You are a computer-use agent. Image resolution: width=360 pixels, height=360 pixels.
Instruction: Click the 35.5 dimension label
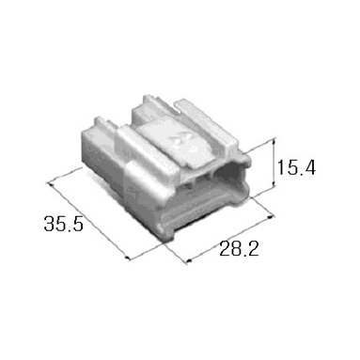tap(64, 224)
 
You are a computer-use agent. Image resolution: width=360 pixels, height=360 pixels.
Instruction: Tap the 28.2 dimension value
tap(239, 249)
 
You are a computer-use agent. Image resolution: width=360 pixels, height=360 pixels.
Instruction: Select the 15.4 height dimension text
tap(296, 167)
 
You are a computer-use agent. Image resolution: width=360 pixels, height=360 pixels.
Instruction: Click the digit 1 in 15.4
tap(280, 167)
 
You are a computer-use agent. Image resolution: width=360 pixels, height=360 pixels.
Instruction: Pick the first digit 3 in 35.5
tap(49, 224)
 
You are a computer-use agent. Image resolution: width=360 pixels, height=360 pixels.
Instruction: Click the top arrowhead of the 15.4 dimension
tap(274, 141)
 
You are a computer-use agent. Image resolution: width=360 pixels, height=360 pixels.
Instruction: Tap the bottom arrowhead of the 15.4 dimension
tap(274, 185)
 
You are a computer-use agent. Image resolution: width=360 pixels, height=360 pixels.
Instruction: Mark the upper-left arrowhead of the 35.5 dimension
tap(50, 184)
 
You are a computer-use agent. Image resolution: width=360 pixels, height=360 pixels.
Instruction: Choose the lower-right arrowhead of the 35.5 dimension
tap(127, 257)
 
